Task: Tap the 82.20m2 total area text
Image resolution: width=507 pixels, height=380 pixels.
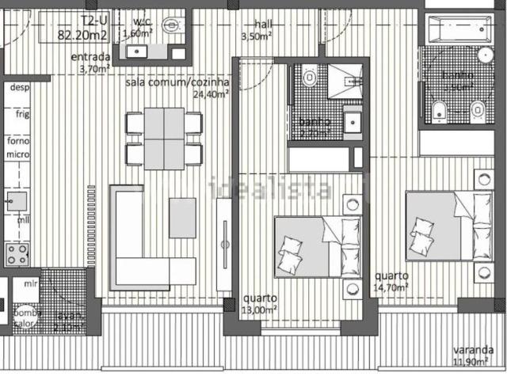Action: (x=84, y=34)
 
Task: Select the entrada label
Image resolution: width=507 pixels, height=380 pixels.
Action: (x=90, y=57)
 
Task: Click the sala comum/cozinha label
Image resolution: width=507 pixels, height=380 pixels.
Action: (x=177, y=82)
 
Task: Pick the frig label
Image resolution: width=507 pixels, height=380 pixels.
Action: (x=21, y=114)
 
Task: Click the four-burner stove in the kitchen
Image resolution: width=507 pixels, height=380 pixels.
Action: (x=17, y=253)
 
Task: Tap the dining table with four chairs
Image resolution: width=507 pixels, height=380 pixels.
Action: (x=164, y=138)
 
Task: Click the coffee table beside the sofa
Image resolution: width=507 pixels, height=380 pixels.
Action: (x=183, y=218)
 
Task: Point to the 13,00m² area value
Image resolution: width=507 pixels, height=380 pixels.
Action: (x=259, y=310)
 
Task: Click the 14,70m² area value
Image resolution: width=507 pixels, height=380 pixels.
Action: (x=391, y=288)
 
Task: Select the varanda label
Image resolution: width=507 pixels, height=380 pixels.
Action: (x=474, y=351)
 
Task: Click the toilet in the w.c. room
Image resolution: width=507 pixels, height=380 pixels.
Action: (x=172, y=25)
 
